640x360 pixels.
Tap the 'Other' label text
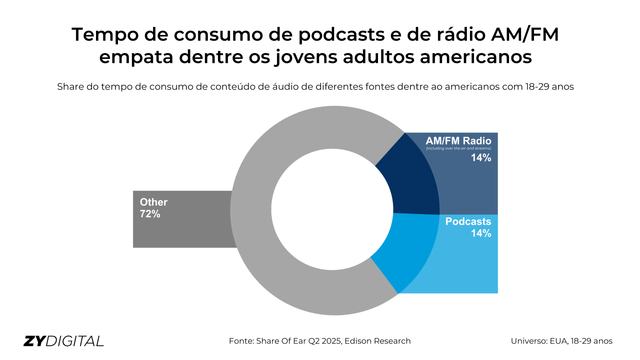[153, 202]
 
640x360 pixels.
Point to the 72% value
[150, 214]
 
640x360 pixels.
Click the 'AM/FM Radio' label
[458, 140]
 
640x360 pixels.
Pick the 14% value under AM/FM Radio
[481, 158]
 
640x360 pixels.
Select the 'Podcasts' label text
[468, 221]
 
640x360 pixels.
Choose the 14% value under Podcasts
[481, 233]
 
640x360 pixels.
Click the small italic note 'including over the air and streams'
[458, 148]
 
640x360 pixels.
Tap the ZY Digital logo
[63, 341]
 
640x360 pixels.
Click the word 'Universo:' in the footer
[531, 341]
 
